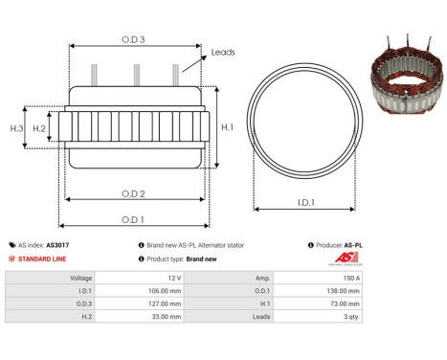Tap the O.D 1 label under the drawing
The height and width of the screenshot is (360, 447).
pyautogui.click(x=133, y=218)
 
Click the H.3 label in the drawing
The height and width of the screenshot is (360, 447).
pyautogui.click(x=16, y=127)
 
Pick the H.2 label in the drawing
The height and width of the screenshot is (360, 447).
pyautogui.click(x=40, y=127)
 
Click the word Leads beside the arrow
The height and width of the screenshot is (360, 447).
pyautogui.click(x=223, y=53)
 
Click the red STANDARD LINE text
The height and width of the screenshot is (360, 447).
pyautogui.click(x=43, y=259)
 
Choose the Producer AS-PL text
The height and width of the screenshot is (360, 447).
pyautogui.click(x=352, y=245)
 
